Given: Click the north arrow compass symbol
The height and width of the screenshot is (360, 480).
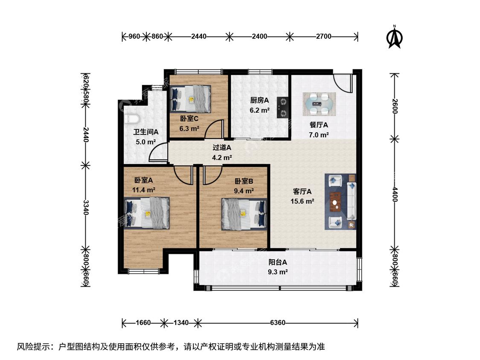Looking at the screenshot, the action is tap(395, 37).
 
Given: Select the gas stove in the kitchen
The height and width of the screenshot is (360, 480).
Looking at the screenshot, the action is tap(282, 107).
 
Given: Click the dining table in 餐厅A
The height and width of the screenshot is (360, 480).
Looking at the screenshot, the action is tap(319, 104).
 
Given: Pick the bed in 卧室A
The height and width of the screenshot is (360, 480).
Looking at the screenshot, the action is tap(147, 213).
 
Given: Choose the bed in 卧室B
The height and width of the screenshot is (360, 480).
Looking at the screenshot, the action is tap(244, 214).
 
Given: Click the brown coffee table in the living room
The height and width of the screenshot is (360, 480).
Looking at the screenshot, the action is tap(336, 202).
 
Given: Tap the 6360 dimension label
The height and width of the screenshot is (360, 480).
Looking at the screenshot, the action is tap(278, 322).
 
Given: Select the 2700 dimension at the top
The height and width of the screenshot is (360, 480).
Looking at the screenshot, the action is tap(323, 36).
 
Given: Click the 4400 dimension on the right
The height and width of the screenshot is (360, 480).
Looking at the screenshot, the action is tap(395, 195).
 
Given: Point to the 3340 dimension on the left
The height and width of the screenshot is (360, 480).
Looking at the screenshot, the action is tap(86, 208).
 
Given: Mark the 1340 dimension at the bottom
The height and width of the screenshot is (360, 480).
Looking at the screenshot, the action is tap(181, 322).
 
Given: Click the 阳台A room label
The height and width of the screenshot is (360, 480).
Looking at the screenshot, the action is tap(278, 262).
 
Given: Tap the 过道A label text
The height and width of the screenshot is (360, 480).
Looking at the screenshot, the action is tap(222, 148).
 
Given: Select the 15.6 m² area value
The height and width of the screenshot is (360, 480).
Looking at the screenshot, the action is tap(303, 201).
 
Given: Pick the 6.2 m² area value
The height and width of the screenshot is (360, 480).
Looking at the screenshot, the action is tap(259, 110).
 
